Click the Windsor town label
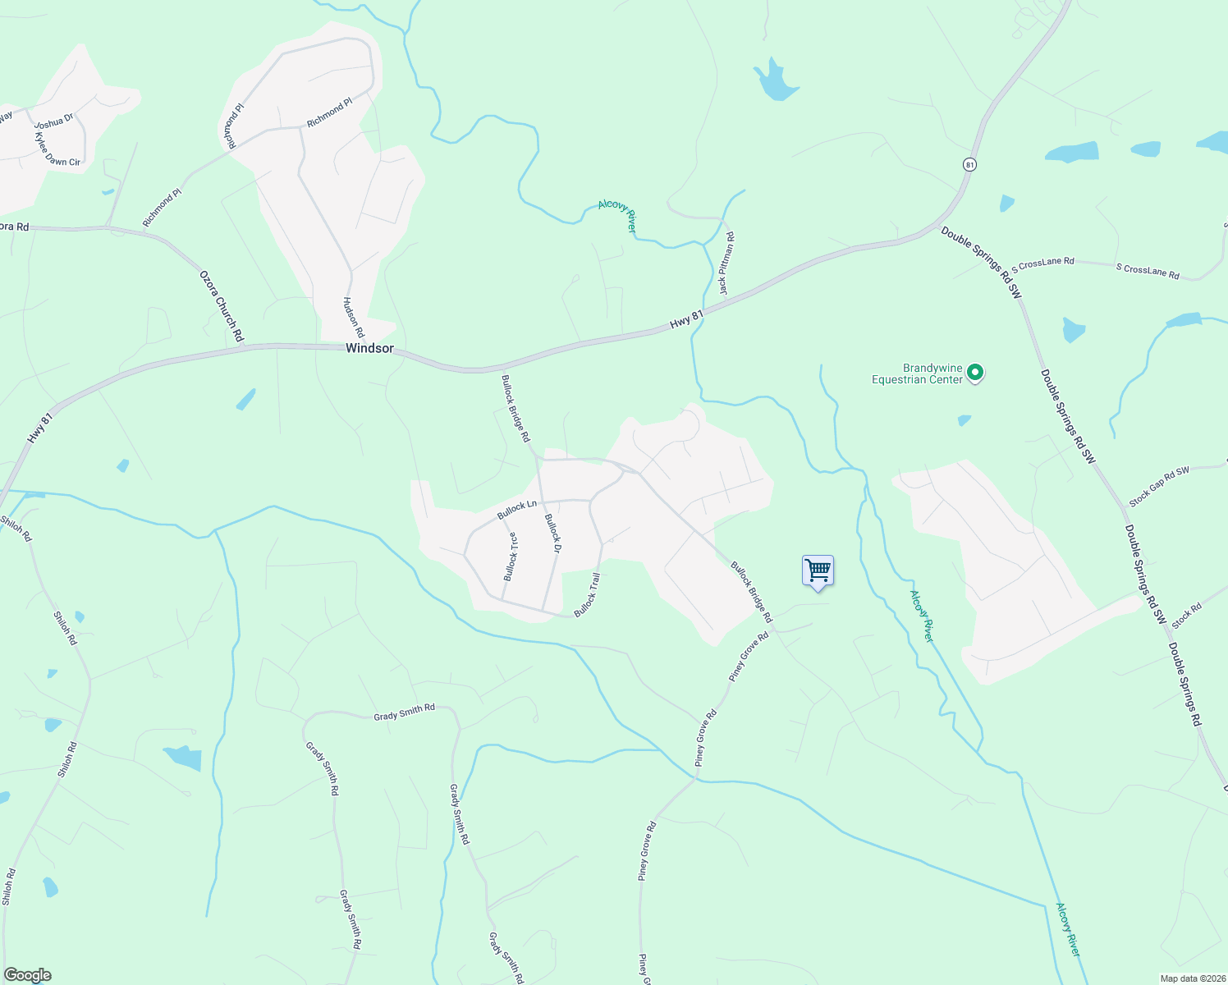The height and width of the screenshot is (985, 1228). [x=369, y=348]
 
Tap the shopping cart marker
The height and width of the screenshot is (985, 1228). [x=818, y=570]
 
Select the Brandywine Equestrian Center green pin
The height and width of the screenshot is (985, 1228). [x=975, y=373]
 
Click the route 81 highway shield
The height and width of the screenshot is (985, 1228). [x=969, y=164]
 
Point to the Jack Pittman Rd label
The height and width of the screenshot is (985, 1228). [x=726, y=263]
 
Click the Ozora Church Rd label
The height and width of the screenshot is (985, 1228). [x=222, y=306]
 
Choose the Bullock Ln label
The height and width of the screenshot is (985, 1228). [x=517, y=510]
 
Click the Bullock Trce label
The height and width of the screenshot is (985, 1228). [x=511, y=557]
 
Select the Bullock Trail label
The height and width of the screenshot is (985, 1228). [x=587, y=595]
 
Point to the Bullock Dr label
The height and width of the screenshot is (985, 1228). [x=552, y=533]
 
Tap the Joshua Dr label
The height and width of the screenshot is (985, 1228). [x=54, y=122]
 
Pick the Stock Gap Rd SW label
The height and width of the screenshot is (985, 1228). [x=1159, y=486]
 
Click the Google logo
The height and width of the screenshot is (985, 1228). [x=27, y=975]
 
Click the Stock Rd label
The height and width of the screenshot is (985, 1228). [x=1187, y=616]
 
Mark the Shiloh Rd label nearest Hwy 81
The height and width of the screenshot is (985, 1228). [x=16, y=528]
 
